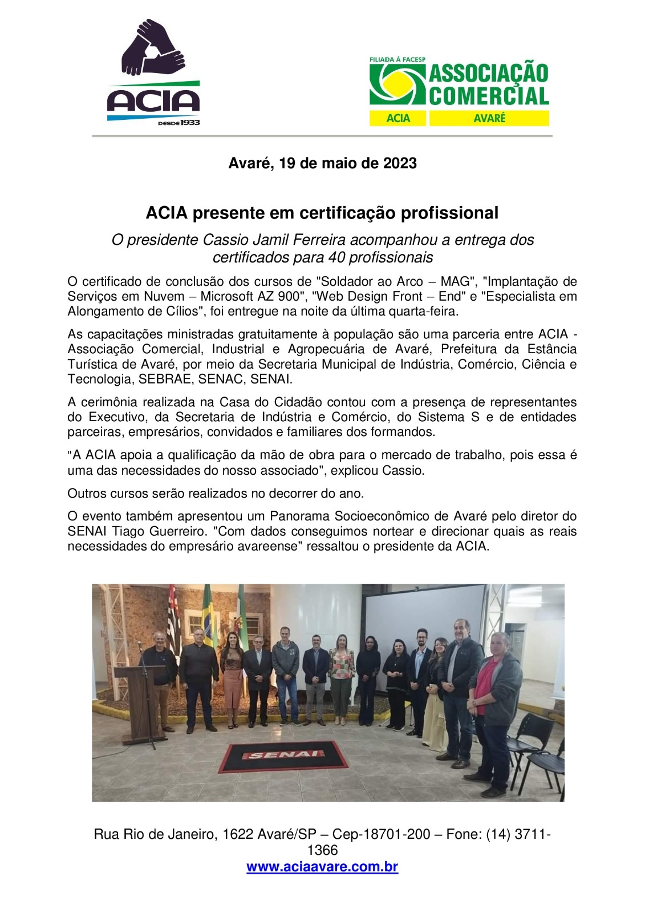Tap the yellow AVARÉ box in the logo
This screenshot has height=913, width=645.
point(489,118)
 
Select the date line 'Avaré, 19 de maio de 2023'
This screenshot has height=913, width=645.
point(322,163)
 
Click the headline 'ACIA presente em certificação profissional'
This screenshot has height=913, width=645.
point(322,213)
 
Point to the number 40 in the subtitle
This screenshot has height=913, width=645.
point(337,257)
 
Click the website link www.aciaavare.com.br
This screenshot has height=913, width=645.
point(322,867)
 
